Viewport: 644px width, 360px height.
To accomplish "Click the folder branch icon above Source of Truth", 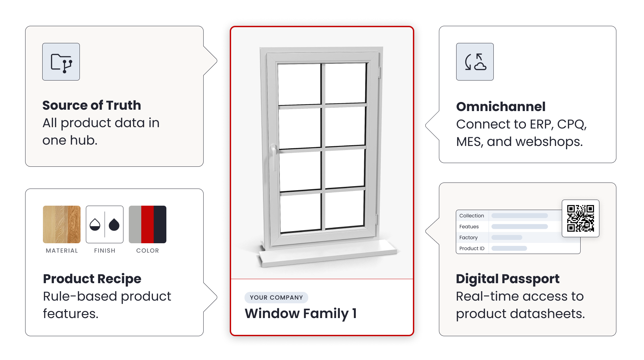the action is click(61, 62).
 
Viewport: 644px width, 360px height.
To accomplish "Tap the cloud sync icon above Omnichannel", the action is click(475, 62).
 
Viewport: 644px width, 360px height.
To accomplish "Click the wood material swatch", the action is click(62, 224).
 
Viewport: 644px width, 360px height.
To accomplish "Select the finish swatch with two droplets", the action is click(105, 224).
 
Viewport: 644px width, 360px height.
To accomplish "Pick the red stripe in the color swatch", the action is click(148, 224).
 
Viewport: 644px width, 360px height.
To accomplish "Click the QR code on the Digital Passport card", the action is click(581, 218).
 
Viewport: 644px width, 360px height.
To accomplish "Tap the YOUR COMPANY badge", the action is click(276, 298).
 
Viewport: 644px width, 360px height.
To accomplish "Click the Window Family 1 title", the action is click(301, 313).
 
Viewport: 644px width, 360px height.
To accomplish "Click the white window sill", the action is click(328, 253).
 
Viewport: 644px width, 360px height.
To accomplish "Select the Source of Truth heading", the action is click(92, 105).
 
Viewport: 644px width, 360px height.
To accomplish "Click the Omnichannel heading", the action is click(501, 107).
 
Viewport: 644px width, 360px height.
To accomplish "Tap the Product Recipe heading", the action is click(92, 279).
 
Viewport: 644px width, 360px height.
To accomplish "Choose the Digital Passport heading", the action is click(508, 279).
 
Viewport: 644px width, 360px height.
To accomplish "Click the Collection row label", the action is click(472, 216).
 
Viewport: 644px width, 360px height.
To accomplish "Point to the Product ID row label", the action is click(472, 249).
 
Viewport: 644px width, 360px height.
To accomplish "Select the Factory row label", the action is click(469, 238).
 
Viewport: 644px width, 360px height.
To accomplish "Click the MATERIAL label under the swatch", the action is click(62, 251).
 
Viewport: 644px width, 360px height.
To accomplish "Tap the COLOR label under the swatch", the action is click(148, 251).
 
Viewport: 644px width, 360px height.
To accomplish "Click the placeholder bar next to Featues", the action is click(520, 227).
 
